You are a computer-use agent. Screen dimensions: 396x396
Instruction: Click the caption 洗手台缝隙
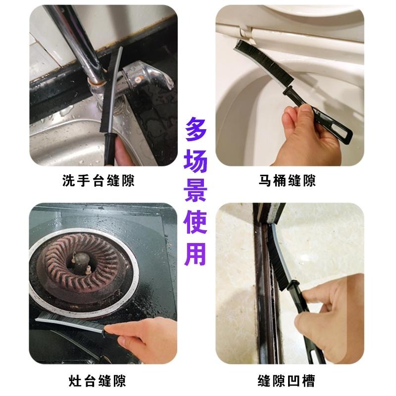click(99, 181)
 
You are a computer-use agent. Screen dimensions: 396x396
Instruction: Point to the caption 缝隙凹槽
click(287, 381)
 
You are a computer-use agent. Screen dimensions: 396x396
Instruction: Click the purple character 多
click(198, 130)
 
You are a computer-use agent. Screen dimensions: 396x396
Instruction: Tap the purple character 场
click(198, 163)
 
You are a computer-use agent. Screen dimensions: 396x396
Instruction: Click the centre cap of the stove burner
click(80, 259)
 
